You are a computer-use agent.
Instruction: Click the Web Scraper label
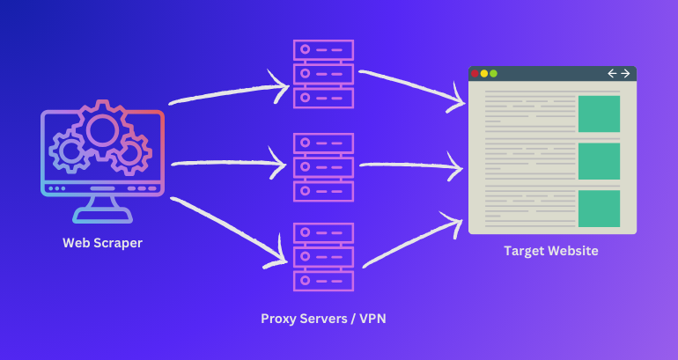(x=102, y=243)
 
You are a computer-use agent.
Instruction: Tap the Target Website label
(x=550, y=251)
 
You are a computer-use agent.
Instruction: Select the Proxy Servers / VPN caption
(x=323, y=319)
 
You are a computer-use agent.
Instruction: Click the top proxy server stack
(x=322, y=73)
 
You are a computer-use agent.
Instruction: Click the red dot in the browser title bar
(x=475, y=73)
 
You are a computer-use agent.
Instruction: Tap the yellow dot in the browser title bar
(x=484, y=73)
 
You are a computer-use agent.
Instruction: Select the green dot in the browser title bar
(x=494, y=73)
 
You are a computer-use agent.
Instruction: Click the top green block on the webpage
(x=599, y=114)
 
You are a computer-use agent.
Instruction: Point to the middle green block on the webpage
(x=599, y=161)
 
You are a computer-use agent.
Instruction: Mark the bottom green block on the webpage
(x=599, y=209)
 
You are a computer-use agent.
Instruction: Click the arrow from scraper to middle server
(x=229, y=163)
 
